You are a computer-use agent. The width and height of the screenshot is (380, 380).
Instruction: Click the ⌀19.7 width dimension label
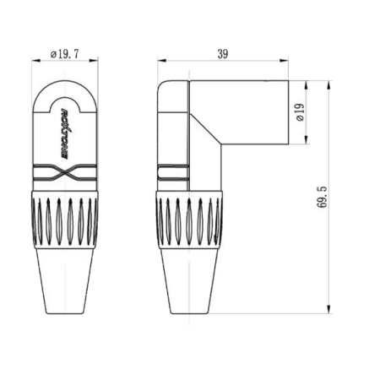point(65,53)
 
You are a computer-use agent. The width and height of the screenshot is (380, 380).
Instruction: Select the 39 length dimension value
point(223,53)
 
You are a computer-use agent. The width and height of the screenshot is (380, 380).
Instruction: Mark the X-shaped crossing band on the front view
point(66,175)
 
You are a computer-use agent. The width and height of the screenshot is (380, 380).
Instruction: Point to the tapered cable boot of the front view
point(66,279)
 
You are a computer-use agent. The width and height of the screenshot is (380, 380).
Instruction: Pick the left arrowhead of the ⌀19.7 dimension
point(36,60)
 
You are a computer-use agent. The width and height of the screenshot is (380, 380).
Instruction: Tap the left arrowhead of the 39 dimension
point(160,60)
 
